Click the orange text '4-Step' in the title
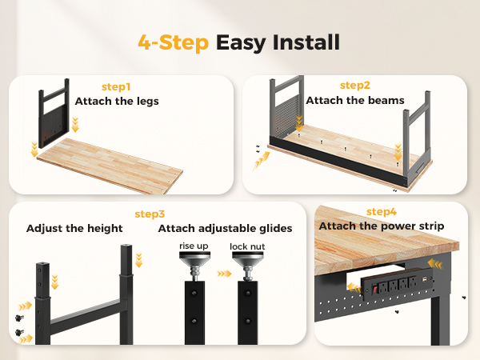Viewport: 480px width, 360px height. (174, 42)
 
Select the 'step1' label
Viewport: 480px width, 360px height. (116, 87)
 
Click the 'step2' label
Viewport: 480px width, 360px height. (355, 86)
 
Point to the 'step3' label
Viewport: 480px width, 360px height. (150, 214)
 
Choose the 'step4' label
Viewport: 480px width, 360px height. (382, 211)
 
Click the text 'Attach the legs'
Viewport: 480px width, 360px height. (117, 102)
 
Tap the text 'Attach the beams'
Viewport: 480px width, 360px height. (355, 100)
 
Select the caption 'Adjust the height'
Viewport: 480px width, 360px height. (74, 228)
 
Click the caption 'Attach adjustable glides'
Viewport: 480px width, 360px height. (225, 228)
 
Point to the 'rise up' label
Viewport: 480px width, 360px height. (194, 246)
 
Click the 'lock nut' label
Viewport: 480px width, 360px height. (247, 246)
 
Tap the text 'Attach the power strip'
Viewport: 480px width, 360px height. (382, 226)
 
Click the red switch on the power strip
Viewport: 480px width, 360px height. (374, 289)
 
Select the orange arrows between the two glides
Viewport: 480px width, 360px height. (224, 274)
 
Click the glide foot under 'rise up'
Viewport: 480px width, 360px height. (194, 266)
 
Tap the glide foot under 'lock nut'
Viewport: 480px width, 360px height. (248, 266)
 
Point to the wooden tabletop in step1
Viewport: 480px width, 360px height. (110, 166)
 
